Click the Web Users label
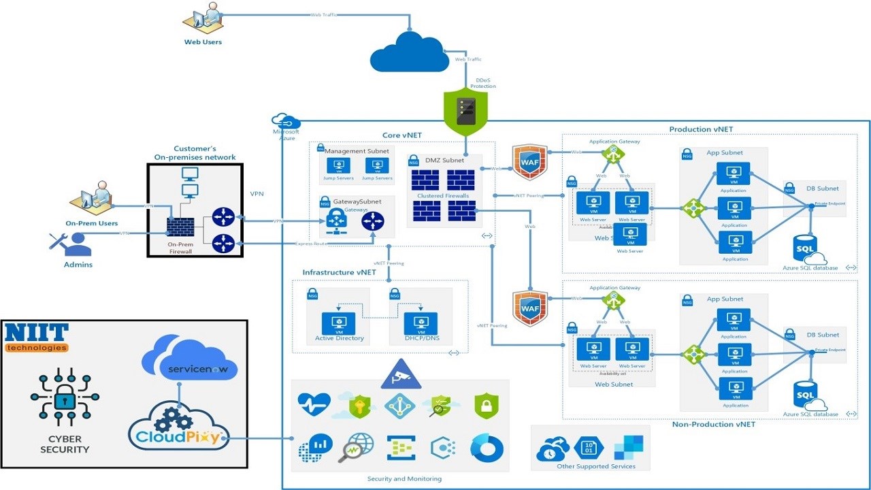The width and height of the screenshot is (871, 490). tap(203, 42)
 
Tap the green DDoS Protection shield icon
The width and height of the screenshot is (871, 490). tap(465, 111)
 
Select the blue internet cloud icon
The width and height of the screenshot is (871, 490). tap(408, 52)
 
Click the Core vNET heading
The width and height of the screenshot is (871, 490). tap(401, 136)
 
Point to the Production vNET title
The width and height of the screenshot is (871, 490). tap(701, 129)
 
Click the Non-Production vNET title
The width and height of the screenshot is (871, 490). tap(713, 425)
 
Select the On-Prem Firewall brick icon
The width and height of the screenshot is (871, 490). tap(180, 227)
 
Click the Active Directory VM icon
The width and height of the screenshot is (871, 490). tap(339, 323)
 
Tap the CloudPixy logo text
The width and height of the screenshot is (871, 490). tap(179, 436)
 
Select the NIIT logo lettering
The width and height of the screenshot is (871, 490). tap(37, 333)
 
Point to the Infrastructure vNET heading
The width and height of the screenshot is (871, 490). tap(339, 272)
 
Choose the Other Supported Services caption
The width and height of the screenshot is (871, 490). tap(595, 466)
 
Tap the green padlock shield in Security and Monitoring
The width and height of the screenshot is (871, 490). tap(487, 406)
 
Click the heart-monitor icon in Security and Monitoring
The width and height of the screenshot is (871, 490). tap(314, 404)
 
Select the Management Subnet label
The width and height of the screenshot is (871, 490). tap(357, 151)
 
